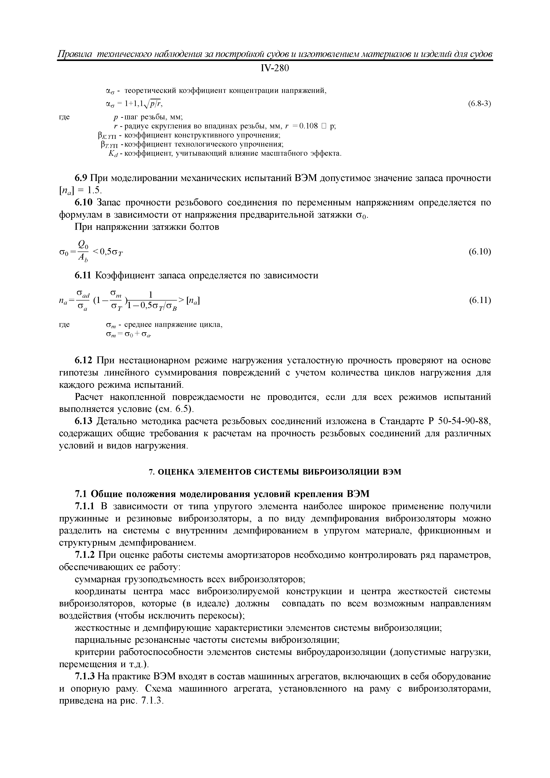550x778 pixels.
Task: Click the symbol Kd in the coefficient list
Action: coord(112,154)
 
